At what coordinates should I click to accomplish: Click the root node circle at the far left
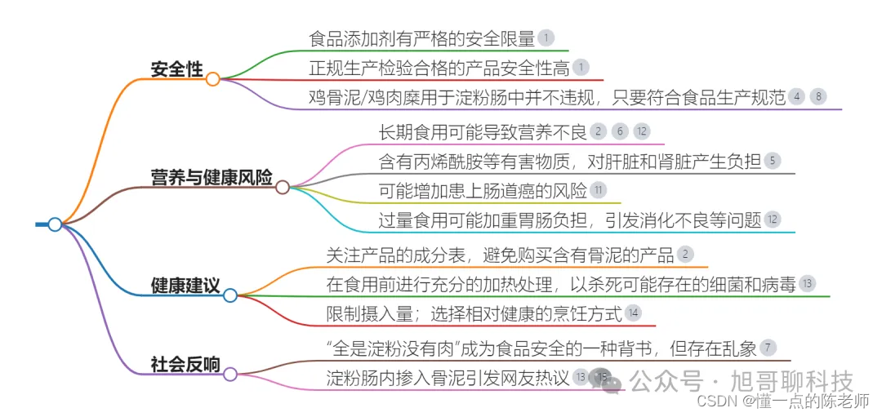click(55, 224)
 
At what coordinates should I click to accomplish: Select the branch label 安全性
click(176, 69)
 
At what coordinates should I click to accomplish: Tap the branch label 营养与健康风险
click(212, 177)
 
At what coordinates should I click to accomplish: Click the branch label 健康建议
click(185, 286)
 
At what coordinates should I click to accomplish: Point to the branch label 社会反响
click(185, 364)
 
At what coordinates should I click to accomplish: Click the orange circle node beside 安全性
click(212, 79)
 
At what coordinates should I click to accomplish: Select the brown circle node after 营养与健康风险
click(283, 187)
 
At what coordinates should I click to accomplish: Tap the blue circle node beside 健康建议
click(230, 295)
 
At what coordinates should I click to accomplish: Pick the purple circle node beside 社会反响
click(230, 374)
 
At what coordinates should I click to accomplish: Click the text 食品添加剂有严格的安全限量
click(421, 38)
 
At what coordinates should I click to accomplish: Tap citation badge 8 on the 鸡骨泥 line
click(818, 96)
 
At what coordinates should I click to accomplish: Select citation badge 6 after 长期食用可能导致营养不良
click(621, 131)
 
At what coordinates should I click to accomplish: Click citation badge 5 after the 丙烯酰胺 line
click(772, 161)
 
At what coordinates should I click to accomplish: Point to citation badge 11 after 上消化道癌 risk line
click(598, 191)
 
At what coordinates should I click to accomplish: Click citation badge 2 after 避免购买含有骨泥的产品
click(686, 255)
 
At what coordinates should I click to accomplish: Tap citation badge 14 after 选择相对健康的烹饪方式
click(632, 313)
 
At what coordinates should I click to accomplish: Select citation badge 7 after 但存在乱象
click(768, 348)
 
